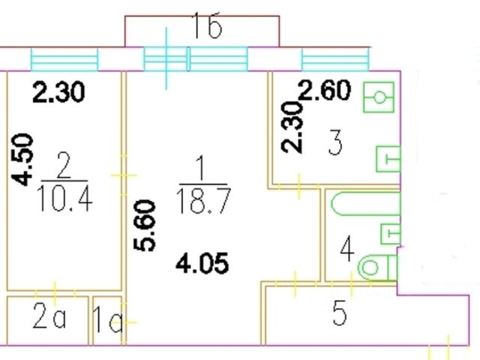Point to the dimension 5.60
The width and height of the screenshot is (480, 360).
(x=148, y=225)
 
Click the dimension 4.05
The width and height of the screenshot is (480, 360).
(x=201, y=263)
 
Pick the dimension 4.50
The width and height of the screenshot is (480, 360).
(x=25, y=158)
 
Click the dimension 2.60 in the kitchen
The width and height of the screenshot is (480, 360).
(x=325, y=91)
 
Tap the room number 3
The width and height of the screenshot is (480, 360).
(x=334, y=142)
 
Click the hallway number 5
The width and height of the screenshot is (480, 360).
(x=340, y=315)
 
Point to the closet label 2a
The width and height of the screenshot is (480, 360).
(x=49, y=320)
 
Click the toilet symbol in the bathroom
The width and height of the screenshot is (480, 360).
(x=373, y=266)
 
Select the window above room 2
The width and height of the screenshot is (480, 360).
(x=64, y=58)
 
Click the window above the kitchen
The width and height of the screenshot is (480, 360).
(x=334, y=58)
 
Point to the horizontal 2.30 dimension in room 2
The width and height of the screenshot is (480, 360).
(x=58, y=93)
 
